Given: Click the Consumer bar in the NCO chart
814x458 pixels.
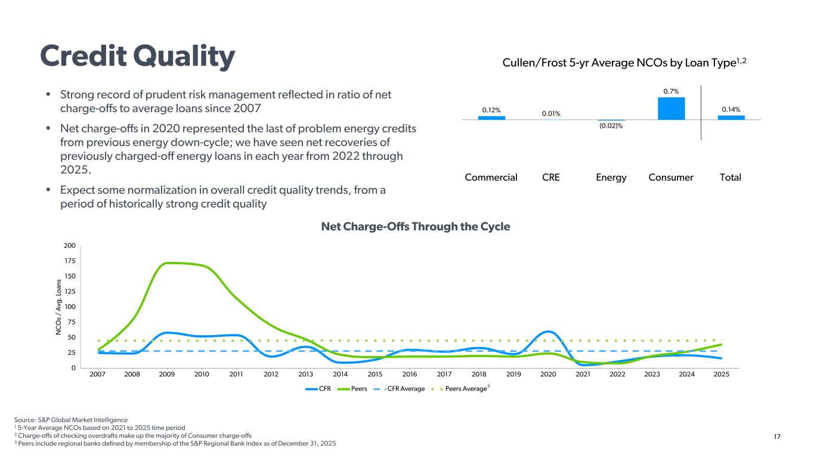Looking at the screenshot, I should [x=671, y=109].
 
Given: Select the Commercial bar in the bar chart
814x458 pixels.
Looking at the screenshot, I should [x=491, y=117].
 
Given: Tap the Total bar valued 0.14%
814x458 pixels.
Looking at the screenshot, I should [x=731, y=117].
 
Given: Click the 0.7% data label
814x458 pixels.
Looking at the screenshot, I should [x=671, y=91].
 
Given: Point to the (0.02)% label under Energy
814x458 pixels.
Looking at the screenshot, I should [x=611, y=125].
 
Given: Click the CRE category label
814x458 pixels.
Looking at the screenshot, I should [x=551, y=177].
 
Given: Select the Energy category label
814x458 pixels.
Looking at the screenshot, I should [x=611, y=177].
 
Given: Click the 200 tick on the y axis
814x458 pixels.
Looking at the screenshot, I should [x=69, y=246].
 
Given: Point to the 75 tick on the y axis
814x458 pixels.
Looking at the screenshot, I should [x=71, y=322].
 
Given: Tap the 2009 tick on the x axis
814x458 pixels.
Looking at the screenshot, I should [x=167, y=374].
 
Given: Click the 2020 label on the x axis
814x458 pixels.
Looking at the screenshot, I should [x=548, y=374].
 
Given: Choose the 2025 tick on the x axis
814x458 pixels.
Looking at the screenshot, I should [x=722, y=374].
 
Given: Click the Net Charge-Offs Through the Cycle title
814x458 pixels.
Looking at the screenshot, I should [x=416, y=227].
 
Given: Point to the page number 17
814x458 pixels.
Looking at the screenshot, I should [x=776, y=437].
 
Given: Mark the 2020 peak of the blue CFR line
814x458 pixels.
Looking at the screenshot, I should [x=548, y=331].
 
